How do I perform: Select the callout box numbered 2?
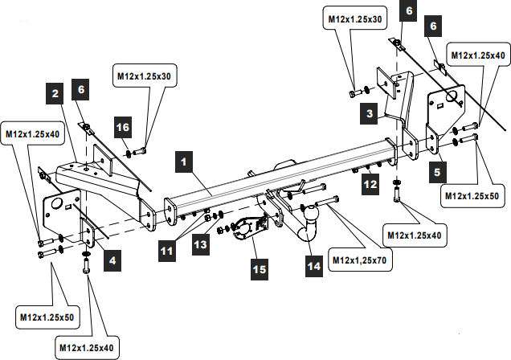coord(55,94)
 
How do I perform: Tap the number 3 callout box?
coord(369,115)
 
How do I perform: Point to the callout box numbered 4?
coord(113,260)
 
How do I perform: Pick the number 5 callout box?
coord(437,170)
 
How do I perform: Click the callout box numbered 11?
coord(166,251)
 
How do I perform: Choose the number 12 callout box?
coord(370,185)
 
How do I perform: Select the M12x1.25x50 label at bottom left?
coord(47,317)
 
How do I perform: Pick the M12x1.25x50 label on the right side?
coord(470,194)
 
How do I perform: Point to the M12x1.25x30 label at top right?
coord(354,18)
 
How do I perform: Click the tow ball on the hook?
coord(313,215)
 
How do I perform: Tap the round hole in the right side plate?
coord(453,97)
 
